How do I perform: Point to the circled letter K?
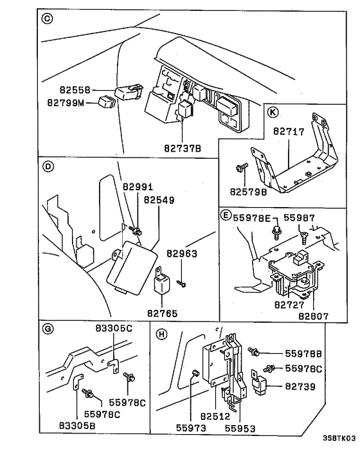coord(273,113)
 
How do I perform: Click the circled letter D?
coord(47,166)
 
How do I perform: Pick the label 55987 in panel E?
coord(300,219)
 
